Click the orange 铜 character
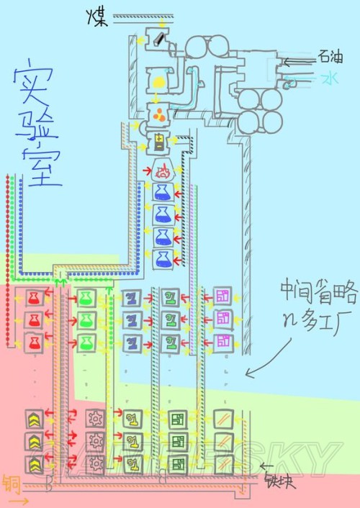coord(10,483)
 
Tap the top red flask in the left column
coord(32,296)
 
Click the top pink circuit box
coord(223,296)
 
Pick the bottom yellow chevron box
coord(32,463)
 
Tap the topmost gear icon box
coord(94,417)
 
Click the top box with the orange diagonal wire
coord(223,417)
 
